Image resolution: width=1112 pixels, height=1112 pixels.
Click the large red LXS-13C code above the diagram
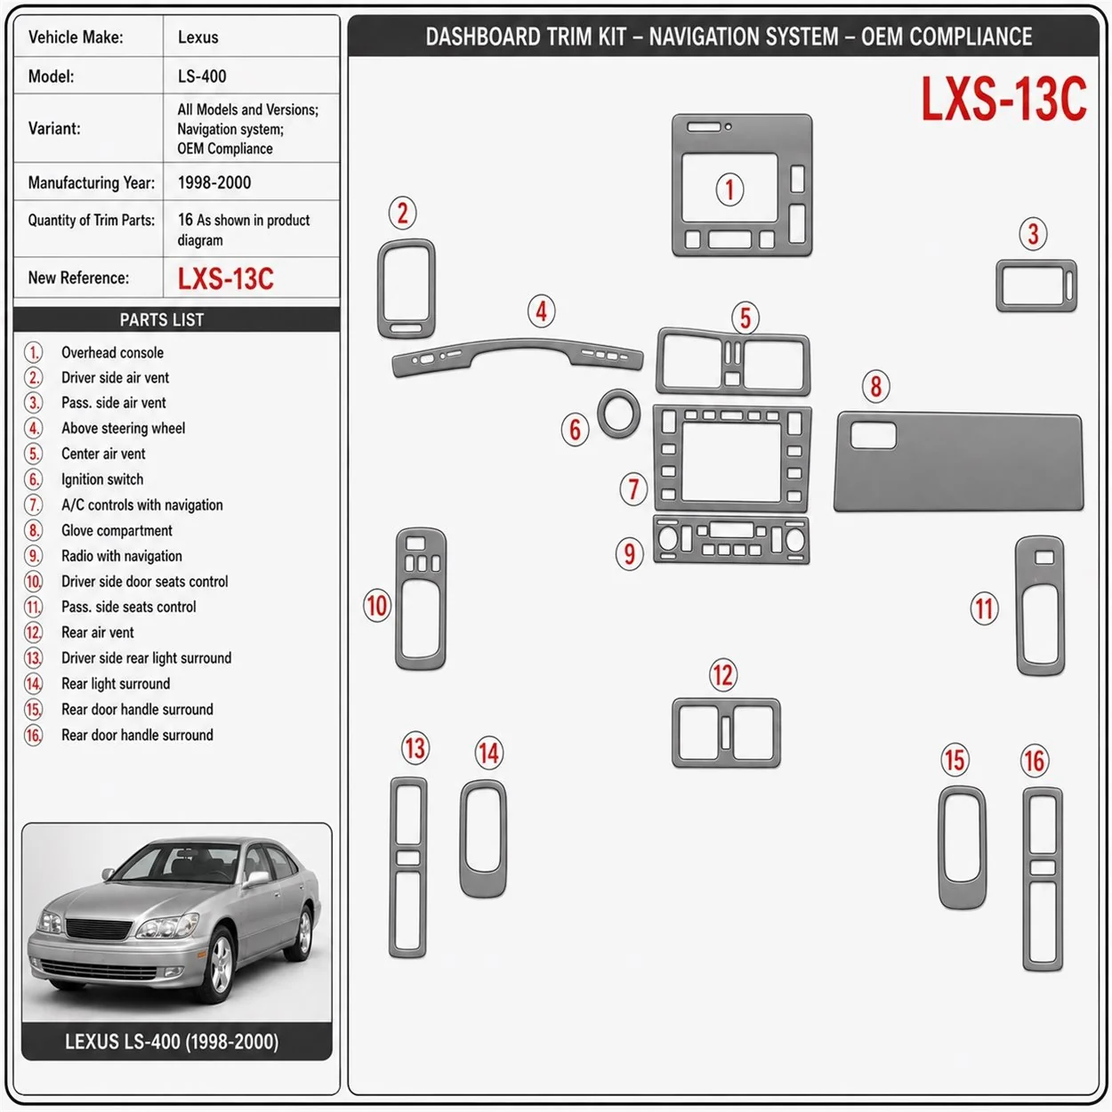(1003, 99)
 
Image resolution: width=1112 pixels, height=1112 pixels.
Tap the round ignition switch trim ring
(618, 399)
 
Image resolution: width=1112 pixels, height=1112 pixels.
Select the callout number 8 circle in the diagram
(875, 386)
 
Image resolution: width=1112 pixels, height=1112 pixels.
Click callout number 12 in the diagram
(722, 675)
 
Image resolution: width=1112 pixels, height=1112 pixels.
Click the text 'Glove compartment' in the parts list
(117, 530)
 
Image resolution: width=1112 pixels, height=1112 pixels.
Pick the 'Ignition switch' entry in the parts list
(102, 479)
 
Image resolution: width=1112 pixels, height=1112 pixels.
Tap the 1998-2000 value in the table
(214, 182)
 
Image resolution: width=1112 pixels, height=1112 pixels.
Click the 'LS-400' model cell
(202, 77)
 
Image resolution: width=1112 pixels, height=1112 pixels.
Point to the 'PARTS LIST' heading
(162, 319)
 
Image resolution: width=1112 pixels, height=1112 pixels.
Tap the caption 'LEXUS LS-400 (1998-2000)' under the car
(172, 1042)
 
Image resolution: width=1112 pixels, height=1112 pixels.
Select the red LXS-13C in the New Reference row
(225, 278)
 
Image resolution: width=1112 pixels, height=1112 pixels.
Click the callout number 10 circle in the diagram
(377, 606)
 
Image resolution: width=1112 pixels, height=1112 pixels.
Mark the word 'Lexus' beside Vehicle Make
(197, 37)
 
